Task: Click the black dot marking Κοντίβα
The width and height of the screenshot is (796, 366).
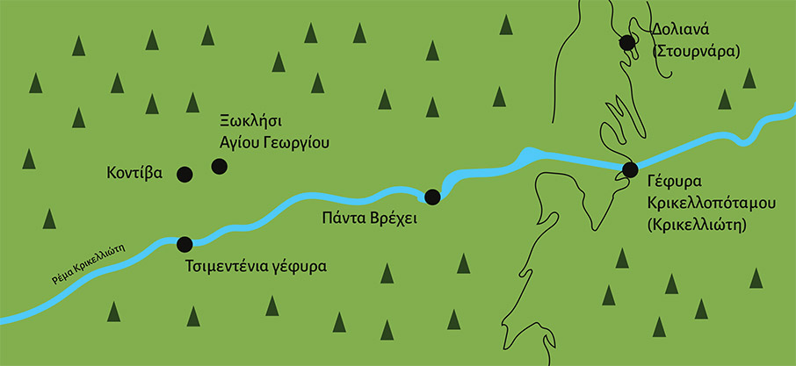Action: [185, 174]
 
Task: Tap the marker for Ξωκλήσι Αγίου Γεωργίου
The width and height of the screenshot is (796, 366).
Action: [219, 166]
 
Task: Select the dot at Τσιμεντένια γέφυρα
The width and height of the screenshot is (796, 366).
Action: [185, 243]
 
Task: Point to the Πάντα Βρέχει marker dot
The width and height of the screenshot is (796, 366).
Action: [431, 196]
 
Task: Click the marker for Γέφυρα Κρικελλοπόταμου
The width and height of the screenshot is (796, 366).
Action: [629, 169]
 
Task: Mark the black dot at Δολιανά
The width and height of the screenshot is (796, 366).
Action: [627, 42]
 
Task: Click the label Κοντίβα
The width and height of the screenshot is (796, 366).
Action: [134, 173]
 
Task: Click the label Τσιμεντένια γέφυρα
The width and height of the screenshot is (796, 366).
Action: [256, 265]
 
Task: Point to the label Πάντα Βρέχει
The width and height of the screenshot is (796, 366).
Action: [366, 219]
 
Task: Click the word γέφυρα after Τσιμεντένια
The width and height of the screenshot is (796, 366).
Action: [298, 265]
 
